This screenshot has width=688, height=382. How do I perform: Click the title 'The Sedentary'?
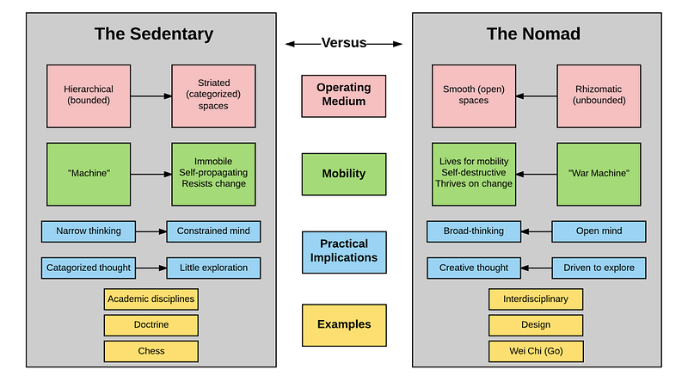pos(154,34)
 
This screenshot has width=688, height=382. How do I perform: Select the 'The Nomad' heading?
pos(533,34)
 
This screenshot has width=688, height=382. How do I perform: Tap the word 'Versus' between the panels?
pos(343,43)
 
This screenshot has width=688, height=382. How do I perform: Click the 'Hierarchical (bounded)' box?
pos(89,96)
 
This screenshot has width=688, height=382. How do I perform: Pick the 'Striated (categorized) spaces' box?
pos(213,96)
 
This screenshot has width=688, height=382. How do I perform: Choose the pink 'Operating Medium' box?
pos(343,96)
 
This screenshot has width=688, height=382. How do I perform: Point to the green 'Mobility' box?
pos(344,174)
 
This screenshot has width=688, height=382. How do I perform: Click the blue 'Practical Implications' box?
pos(344,252)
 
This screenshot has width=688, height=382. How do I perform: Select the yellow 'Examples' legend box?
pos(344,325)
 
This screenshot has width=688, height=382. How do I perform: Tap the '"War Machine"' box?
pos(599,174)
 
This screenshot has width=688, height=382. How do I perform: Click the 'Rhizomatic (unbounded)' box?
pos(599,96)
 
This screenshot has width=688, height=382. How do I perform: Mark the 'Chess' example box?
pos(151,351)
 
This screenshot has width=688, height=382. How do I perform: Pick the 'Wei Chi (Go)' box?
pos(536,351)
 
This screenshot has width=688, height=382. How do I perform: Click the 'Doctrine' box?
pos(151,325)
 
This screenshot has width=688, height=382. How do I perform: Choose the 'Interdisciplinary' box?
pos(536,299)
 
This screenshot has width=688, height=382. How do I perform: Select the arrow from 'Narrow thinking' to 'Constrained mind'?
pos(151,231)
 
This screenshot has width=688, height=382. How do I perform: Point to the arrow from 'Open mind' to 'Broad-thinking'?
pos(536,231)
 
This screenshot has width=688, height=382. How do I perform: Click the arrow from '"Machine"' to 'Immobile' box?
pos(151,175)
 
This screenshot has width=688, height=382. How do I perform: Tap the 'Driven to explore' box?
pos(599,268)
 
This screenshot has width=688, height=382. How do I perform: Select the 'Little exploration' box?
pos(213,268)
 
